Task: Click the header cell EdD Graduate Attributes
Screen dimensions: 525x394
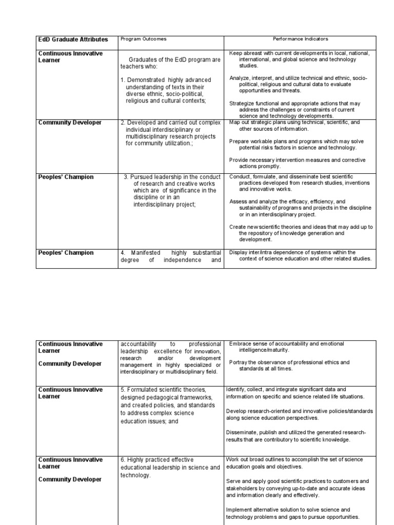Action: click(x=73, y=39)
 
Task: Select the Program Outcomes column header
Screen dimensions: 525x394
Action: click(x=143, y=39)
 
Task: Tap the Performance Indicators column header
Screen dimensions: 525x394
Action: click(x=300, y=39)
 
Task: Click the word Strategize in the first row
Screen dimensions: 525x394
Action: click(x=242, y=103)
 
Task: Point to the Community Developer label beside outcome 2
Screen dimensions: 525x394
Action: click(x=70, y=123)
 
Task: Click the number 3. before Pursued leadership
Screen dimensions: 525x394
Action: click(x=126, y=177)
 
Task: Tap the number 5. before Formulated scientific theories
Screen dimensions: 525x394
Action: click(x=123, y=390)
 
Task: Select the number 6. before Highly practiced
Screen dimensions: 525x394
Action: click(x=123, y=460)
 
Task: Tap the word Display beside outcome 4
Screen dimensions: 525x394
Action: click(x=239, y=252)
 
